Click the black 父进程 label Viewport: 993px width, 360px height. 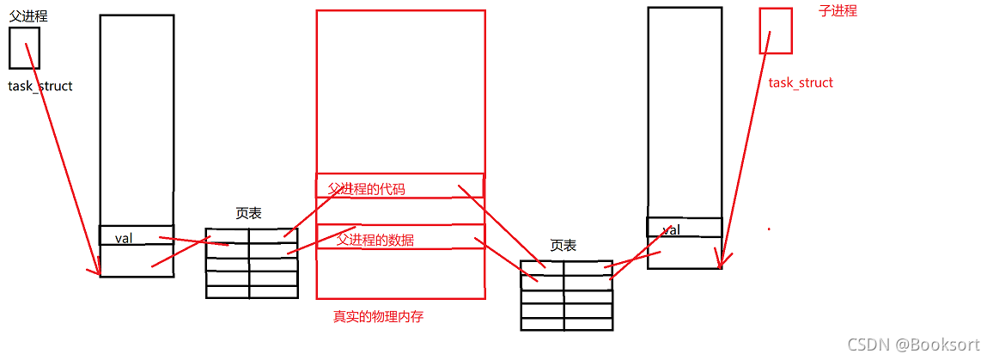28,15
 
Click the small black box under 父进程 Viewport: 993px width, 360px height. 24,47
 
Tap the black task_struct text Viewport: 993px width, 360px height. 40,86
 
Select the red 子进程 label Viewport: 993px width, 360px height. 838,11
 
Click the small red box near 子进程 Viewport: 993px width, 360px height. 776,30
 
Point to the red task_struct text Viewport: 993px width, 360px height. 801,82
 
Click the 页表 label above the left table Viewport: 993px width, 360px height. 248,213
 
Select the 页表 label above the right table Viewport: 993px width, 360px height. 564,246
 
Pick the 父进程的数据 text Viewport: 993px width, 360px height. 375,240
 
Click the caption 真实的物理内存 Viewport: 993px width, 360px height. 378,316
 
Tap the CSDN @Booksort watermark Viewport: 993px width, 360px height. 913,345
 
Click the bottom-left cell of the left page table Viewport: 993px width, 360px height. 228,291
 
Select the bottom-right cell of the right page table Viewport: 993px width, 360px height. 588,324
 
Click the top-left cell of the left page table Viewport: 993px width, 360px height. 228,235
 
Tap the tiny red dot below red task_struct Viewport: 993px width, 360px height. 769,229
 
